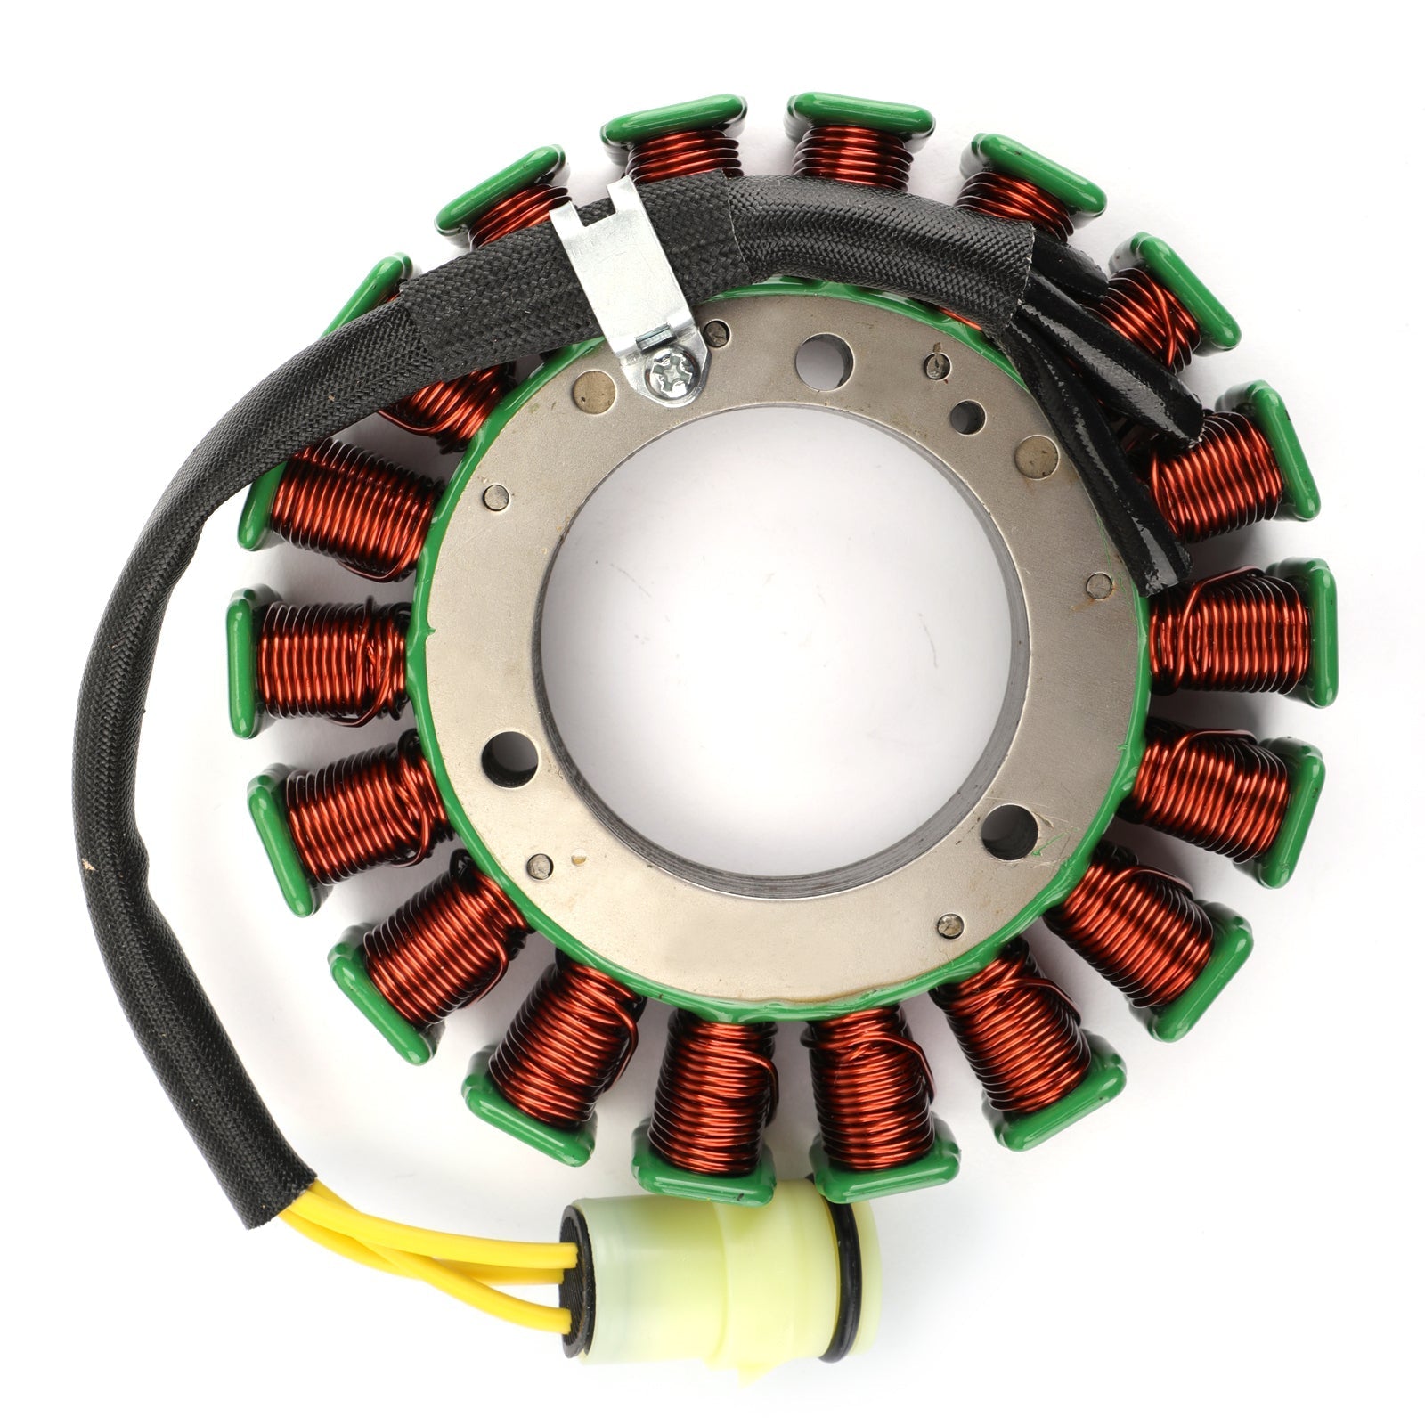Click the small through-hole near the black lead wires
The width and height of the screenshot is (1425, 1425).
967,417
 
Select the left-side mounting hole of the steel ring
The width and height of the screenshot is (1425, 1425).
509,759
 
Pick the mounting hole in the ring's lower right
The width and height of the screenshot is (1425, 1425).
1009,830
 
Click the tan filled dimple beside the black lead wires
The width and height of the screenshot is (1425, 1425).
1037,458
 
